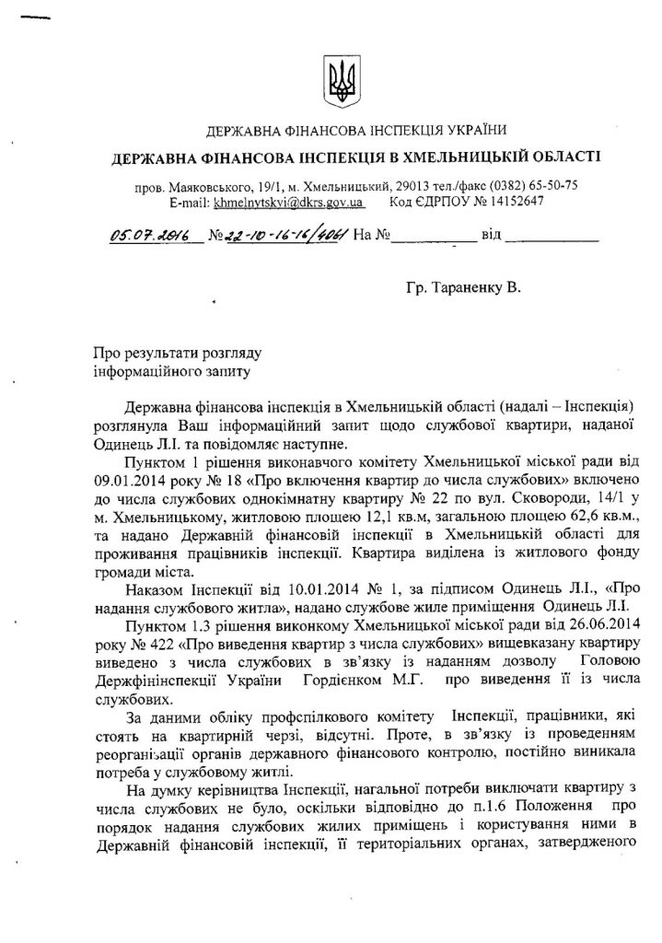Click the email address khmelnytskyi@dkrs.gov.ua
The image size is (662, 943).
point(290,201)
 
